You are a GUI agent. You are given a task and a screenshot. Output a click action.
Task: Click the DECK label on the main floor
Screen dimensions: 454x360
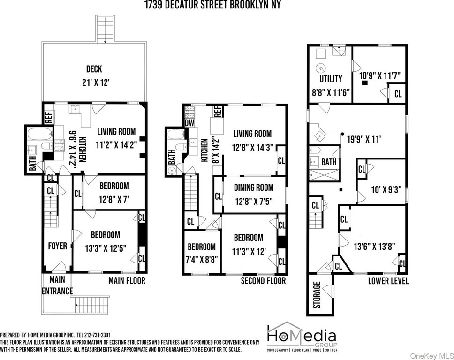coord(94,69)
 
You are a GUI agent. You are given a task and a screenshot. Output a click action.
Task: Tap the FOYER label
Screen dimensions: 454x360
coord(57,246)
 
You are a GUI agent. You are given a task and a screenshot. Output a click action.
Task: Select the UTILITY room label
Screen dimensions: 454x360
coord(331,79)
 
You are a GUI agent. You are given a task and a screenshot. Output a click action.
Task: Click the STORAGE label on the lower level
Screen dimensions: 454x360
coord(317,294)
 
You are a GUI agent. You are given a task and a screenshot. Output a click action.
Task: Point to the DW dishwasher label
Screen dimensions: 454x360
coord(189,123)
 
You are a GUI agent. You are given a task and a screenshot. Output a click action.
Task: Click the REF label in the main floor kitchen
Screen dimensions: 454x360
coord(49,118)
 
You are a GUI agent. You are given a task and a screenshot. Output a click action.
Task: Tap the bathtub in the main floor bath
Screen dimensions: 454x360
coord(40,134)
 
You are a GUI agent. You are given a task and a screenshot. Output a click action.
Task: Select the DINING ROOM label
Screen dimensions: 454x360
coord(254,187)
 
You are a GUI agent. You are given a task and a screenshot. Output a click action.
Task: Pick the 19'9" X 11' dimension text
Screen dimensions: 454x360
coord(363,140)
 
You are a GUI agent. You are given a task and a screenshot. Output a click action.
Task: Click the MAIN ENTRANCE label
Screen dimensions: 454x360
coord(57,285)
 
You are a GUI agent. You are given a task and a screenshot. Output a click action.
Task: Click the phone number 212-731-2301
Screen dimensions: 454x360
coord(94,335)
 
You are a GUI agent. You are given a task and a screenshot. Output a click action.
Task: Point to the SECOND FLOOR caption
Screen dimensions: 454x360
coord(263,281)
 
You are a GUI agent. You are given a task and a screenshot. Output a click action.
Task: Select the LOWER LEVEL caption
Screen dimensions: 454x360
coord(388,281)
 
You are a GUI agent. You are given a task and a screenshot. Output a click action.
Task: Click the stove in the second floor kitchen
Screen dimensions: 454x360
coord(189,112)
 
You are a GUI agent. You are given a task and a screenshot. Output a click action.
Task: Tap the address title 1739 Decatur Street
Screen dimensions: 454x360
coord(213,5)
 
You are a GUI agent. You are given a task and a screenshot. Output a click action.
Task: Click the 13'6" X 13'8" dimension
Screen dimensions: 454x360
coord(375,246)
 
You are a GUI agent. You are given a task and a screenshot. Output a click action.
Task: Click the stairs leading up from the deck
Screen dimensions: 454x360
coord(106,30)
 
